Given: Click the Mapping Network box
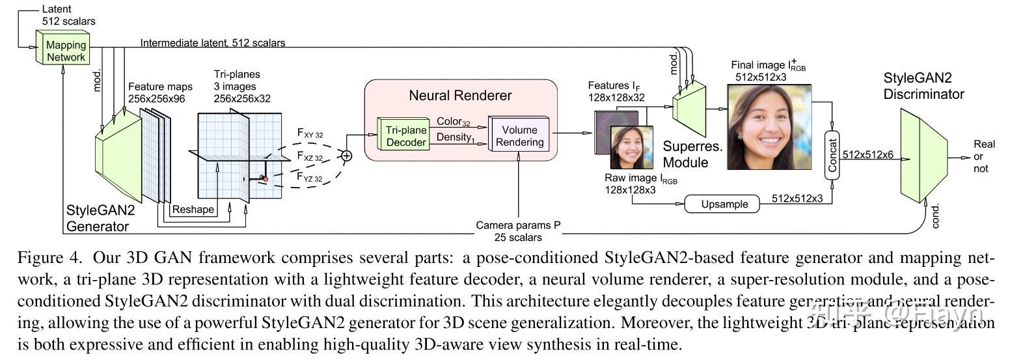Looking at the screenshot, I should [64, 50].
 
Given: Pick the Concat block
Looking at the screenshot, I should [832, 154].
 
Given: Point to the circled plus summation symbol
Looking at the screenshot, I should [346, 155].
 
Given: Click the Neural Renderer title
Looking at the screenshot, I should [460, 95].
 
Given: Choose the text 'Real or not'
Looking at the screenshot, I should [979, 156].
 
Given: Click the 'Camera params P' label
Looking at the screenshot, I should [518, 226].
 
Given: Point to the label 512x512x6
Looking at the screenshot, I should [867, 154].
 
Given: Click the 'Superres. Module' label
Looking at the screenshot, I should [692, 154].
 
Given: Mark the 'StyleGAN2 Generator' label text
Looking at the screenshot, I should [97, 219].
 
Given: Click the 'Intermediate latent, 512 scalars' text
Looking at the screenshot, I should [212, 43].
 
